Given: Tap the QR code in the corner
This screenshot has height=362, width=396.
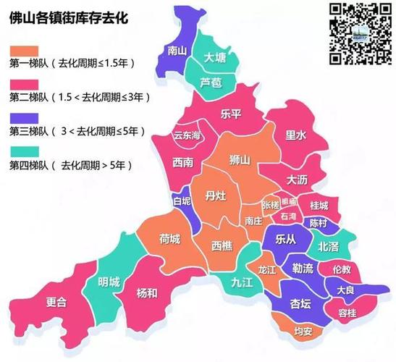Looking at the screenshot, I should (x=356, y=33).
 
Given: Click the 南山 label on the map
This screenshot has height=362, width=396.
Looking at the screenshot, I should (x=177, y=51).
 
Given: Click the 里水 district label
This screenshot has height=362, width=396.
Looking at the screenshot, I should (x=295, y=135).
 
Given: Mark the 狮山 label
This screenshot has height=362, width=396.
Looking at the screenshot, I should (x=239, y=159).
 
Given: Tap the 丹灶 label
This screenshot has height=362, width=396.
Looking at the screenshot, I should (x=215, y=195).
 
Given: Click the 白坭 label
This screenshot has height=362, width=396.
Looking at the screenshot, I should (x=182, y=201).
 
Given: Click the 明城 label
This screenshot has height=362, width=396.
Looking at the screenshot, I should (x=109, y=282).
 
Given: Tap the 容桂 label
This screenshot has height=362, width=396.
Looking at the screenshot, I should (x=347, y=312).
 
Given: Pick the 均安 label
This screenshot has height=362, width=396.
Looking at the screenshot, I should (x=283, y=332).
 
